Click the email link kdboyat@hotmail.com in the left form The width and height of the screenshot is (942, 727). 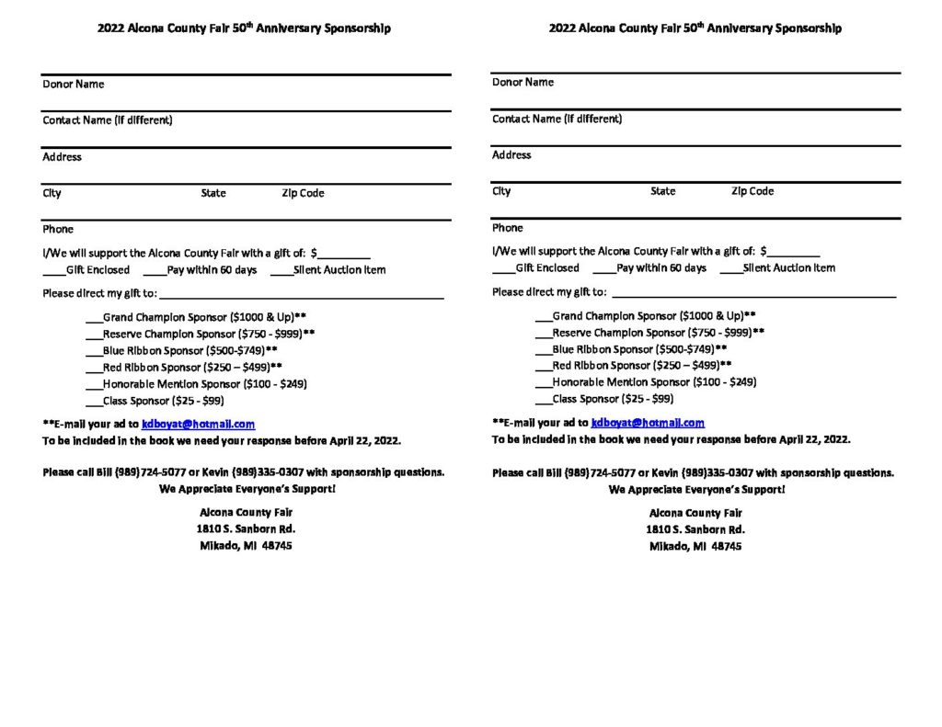[x=198, y=425]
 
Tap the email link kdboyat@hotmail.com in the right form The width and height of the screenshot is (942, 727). [x=648, y=423]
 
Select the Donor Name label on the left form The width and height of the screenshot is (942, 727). [x=73, y=85]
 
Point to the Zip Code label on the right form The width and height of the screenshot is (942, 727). [x=752, y=191]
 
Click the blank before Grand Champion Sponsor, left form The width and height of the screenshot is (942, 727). [x=94, y=319]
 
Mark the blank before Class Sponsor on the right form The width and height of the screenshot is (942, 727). [x=544, y=401]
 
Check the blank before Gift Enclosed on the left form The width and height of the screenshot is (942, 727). [x=53, y=272]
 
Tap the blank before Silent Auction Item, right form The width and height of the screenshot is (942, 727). [x=730, y=270]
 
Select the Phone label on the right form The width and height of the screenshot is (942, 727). [x=507, y=228]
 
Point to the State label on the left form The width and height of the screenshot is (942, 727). [x=213, y=193]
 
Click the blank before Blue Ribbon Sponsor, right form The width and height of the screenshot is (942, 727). [x=544, y=351]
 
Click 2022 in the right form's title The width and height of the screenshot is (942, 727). [x=562, y=28]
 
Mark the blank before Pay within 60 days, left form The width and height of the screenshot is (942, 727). [x=155, y=272]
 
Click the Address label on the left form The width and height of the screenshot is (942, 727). [x=62, y=157]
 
